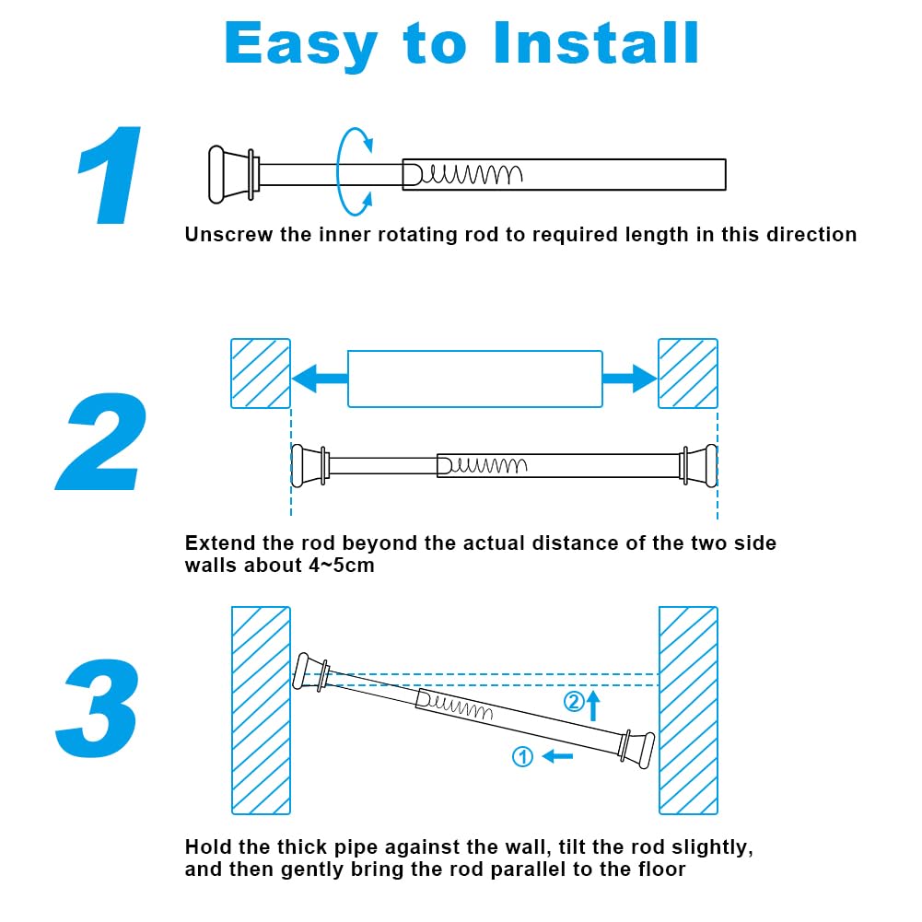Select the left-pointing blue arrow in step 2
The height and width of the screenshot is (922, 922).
(x=318, y=378)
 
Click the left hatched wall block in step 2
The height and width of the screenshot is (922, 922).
(x=260, y=373)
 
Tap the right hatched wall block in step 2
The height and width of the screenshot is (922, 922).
(x=688, y=373)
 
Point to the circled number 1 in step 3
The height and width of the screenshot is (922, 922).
(x=522, y=757)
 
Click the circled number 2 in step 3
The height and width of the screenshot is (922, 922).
(x=573, y=703)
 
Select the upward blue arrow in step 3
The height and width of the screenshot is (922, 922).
(x=594, y=706)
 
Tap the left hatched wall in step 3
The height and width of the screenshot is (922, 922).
(x=261, y=709)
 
